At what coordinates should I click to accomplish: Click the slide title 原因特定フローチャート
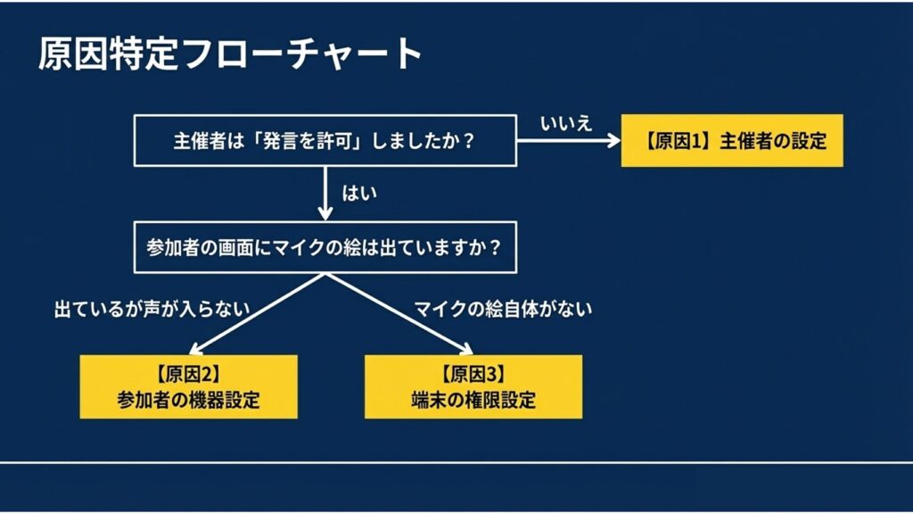pyautogui.click(x=229, y=55)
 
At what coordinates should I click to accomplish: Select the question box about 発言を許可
pyautogui.click(x=324, y=140)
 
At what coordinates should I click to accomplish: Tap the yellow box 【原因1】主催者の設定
pyautogui.click(x=731, y=141)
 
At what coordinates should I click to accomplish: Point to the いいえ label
pyautogui.click(x=566, y=124)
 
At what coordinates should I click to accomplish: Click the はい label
pyautogui.click(x=359, y=192)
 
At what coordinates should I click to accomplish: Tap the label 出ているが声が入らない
pyautogui.click(x=151, y=309)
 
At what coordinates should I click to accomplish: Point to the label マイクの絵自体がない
pyautogui.click(x=503, y=309)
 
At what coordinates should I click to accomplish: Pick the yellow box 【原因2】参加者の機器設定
pyautogui.click(x=188, y=386)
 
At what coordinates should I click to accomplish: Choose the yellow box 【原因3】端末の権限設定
pyautogui.click(x=473, y=386)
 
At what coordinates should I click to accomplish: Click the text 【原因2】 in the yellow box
pyautogui.click(x=188, y=374)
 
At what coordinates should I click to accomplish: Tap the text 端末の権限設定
pyautogui.click(x=473, y=400)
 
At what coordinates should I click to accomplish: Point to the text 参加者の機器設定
pyautogui.click(x=188, y=400)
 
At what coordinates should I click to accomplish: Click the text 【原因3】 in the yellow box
pyautogui.click(x=473, y=374)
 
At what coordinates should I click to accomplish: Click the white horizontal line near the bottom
pyautogui.click(x=456, y=463)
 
